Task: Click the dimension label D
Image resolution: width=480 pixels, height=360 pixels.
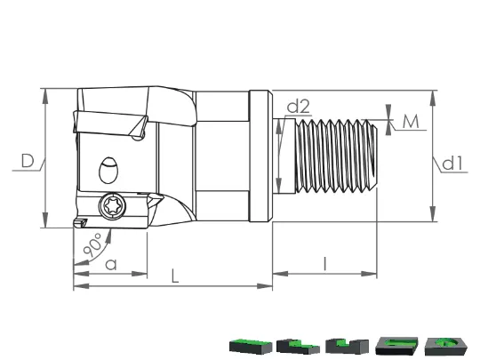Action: tap(28, 161)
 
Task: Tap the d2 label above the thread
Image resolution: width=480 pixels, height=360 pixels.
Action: tap(299, 107)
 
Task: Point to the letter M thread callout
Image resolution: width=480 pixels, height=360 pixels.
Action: tap(411, 121)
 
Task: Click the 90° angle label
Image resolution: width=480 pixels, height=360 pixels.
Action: tap(93, 245)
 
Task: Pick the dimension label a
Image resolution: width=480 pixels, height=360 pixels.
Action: tap(111, 264)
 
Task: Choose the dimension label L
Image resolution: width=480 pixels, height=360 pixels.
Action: tap(175, 276)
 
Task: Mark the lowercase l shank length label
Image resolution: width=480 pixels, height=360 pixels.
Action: tap(325, 264)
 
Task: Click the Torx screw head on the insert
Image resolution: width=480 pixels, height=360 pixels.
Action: tap(112, 206)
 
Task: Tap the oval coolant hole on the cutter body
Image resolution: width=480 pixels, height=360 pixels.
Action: tap(108, 170)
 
